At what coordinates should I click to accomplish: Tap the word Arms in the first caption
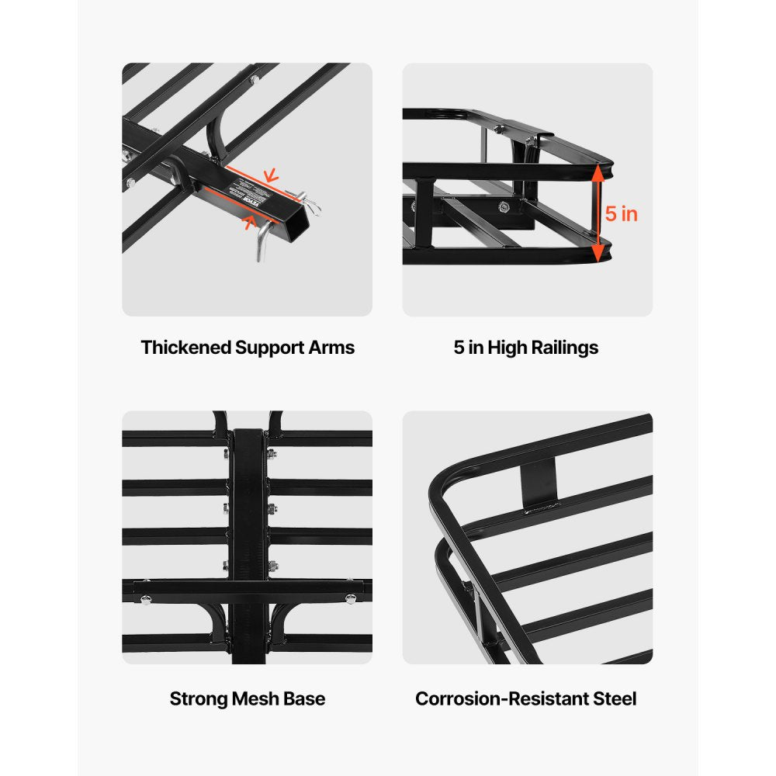[334, 348]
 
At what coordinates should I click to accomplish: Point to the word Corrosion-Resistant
[498, 698]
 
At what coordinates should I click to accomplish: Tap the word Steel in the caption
[611, 698]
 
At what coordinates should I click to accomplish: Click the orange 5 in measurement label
[622, 214]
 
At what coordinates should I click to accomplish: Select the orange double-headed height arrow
[598, 213]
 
